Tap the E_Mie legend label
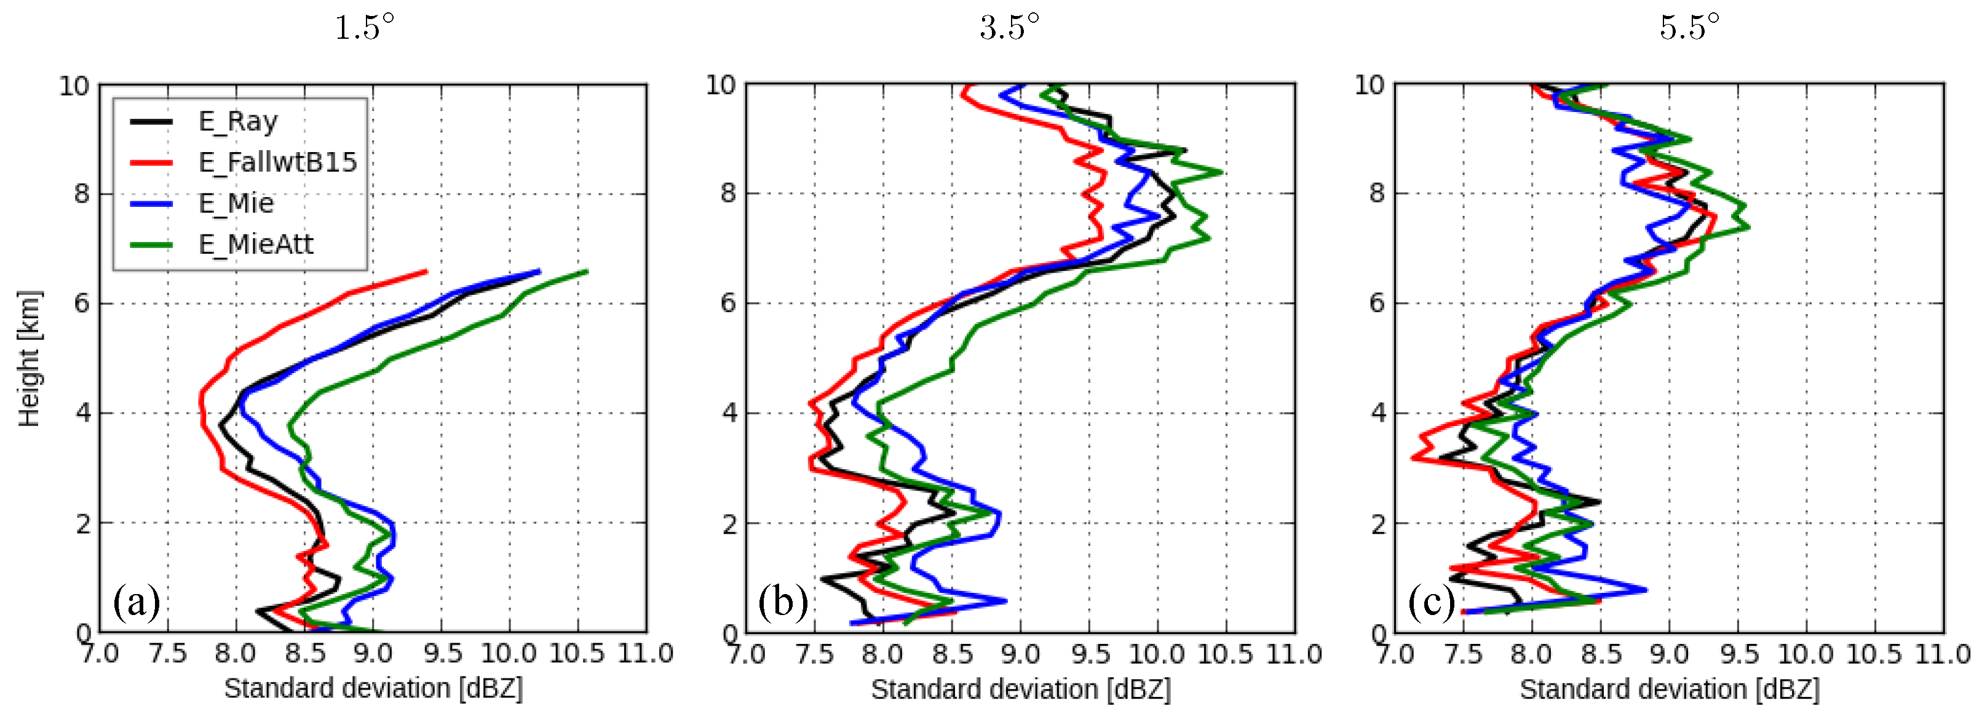coord(236,203)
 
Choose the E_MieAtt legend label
coord(255,244)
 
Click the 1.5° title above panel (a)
coord(365,28)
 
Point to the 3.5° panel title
coord(1010,28)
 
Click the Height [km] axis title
coord(30,358)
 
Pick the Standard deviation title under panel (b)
coord(1020,689)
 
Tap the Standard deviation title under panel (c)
coord(1669,689)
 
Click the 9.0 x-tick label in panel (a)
coord(373,654)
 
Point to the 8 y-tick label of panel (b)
coord(728,193)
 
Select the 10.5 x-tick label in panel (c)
coord(1874,654)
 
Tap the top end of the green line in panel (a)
coord(587,271)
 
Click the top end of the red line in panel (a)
coord(426,271)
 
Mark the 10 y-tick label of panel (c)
coord(1370,85)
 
